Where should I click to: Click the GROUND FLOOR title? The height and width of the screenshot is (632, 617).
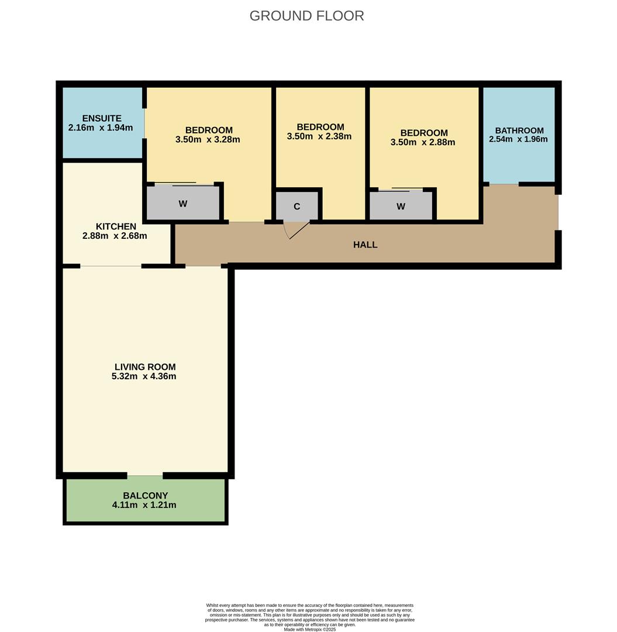click(306, 16)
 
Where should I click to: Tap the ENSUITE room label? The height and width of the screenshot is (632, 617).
click(102, 118)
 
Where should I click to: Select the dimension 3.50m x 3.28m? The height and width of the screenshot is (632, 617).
click(208, 140)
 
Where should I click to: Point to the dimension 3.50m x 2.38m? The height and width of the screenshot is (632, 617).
click(319, 136)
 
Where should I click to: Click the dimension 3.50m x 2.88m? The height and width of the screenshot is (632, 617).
click(423, 142)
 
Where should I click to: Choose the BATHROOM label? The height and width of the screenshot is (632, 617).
click(519, 130)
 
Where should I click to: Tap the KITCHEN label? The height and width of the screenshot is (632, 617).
click(116, 226)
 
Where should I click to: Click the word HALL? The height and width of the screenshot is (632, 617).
click(365, 245)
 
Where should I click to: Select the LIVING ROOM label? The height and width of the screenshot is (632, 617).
click(145, 367)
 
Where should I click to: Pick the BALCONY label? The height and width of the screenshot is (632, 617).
click(145, 496)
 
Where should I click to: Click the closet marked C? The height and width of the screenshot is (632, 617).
click(297, 207)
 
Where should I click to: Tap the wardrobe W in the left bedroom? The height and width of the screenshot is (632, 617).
click(183, 204)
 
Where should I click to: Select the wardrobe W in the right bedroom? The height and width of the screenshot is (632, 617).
click(401, 206)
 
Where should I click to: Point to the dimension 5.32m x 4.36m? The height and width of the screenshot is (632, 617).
click(144, 376)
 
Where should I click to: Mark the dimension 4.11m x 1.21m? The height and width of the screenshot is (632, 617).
click(144, 505)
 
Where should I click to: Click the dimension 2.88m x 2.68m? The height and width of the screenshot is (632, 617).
click(115, 236)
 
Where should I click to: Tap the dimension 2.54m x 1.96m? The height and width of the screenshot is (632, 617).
click(518, 139)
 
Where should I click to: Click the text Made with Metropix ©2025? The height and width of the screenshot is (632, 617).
click(310, 629)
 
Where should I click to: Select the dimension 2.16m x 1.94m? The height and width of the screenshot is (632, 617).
click(101, 128)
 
